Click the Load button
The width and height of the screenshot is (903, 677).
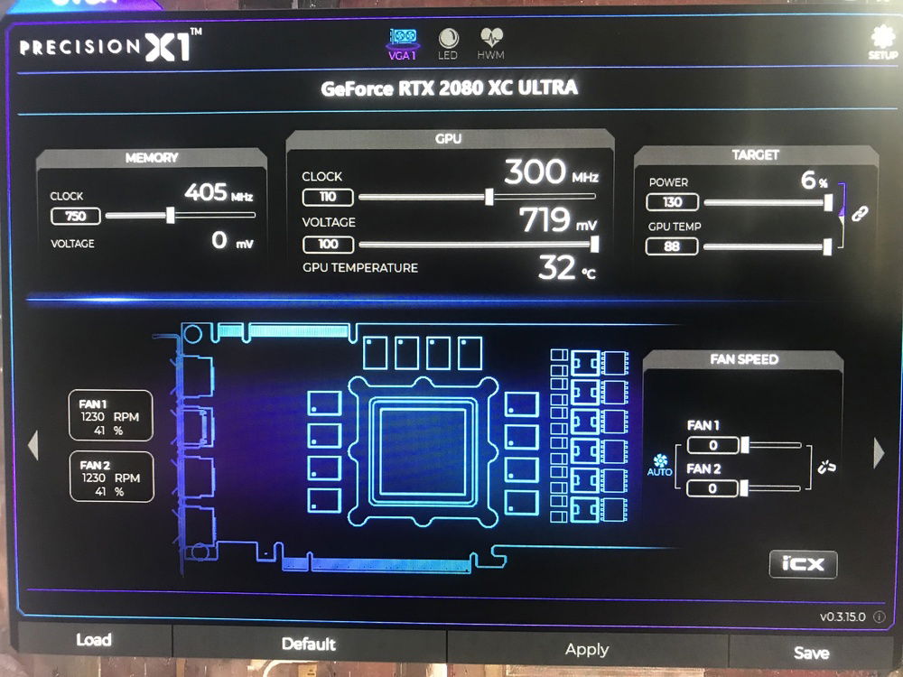pyautogui.click(x=94, y=640)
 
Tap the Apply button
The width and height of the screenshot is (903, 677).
pyautogui.click(x=587, y=649)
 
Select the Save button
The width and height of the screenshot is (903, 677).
pyautogui.click(x=811, y=653)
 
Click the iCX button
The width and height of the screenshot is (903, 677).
pyautogui.click(x=803, y=564)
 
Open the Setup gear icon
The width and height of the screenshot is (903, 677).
pyautogui.click(x=882, y=41)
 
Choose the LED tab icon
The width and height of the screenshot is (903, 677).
pyautogui.click(x=448, y=42)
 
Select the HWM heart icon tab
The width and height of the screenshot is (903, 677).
pyautogui.click(x=491, y=42)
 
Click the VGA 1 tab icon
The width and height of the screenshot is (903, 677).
pyautogui.click(x=403, y=42)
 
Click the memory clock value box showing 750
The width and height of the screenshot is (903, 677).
pyautogui.click(x=76, y=216)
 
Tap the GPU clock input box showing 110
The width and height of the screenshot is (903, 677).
pyautogui.click(x=327, y=197)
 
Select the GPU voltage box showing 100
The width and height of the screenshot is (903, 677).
pyautogui.click(x=327, y=244)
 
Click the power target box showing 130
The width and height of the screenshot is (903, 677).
pyautogui.click(x=672, y=203)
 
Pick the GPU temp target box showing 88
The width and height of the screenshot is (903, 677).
pyautogui.click(x=672, y=246)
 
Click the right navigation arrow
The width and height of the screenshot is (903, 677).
pyautogui.click(x=880, y=453)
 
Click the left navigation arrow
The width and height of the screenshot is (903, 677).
pyautogui.click(x=33, y=446)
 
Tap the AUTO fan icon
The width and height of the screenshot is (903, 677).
pyautogui.click(x=660, y=461)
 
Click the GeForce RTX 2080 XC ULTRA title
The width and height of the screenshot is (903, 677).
pyautogui.click(x=449, y=88)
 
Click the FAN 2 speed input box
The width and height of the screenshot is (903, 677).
pyautogui.click(x=712, y=488)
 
